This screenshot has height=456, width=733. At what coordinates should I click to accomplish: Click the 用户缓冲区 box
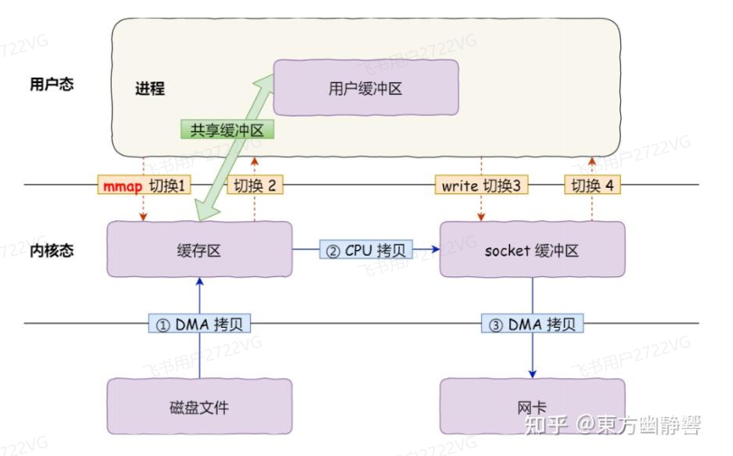point(366,88)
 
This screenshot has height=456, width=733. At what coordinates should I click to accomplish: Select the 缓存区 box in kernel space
point(199,250)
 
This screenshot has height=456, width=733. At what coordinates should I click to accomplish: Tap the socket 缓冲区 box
point(532,250)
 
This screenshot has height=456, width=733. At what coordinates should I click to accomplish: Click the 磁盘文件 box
point(199,406)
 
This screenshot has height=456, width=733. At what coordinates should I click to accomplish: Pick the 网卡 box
point(532,406)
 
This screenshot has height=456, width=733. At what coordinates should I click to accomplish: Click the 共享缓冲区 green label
point(226,130)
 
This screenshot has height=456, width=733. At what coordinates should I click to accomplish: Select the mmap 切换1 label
point(144,186)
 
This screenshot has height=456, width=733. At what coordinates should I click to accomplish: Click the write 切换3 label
point(479,186)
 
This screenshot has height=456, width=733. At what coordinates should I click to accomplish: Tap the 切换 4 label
point(592,186)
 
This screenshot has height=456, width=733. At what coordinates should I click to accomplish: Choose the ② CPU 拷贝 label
point(366,250)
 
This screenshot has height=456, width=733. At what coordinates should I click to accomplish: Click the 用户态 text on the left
point(51,84)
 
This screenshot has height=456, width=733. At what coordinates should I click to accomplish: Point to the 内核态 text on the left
point(51,250)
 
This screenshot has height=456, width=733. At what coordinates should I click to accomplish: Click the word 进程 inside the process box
point(150,88)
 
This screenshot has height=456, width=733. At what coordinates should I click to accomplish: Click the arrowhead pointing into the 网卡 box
point(532,374)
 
